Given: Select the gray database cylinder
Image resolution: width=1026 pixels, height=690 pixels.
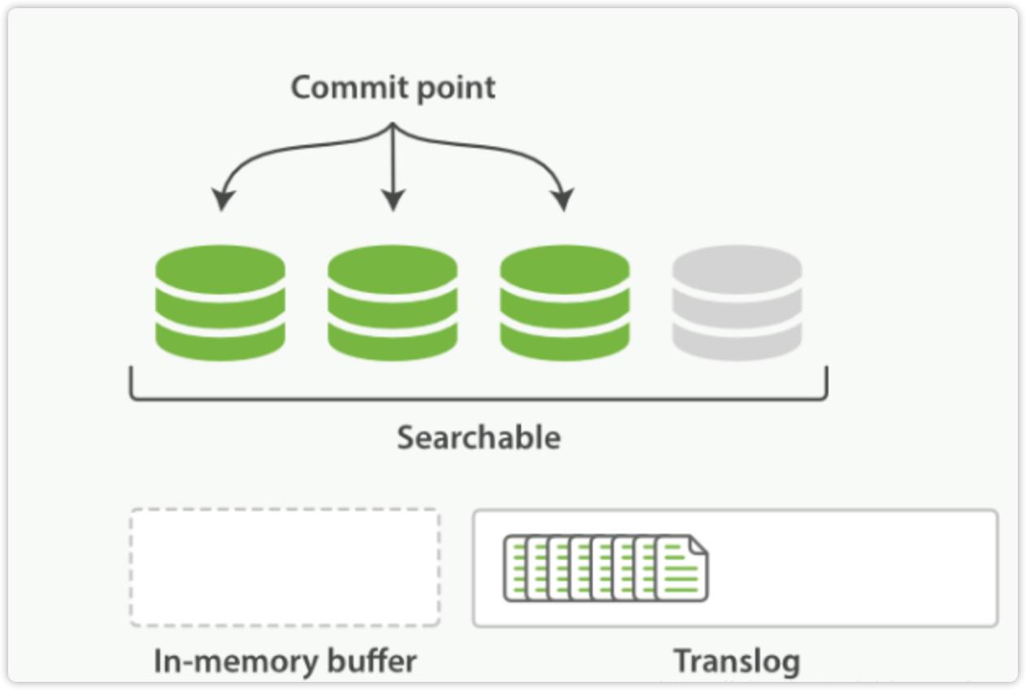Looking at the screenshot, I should point(737,303).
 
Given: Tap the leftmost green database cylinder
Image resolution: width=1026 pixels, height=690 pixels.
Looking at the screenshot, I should point(220,303).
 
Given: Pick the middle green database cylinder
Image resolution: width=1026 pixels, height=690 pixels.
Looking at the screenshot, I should point(392,303).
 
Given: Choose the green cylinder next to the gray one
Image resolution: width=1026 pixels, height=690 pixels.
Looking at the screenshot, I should point(564,303).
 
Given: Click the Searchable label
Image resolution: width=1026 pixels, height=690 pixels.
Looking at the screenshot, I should point(479,438).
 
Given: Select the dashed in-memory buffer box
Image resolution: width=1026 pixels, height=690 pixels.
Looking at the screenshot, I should point(285,567).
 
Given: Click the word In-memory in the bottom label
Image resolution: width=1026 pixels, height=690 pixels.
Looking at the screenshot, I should point(233,661).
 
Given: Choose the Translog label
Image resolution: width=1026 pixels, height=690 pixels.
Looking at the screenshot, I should point(737,661).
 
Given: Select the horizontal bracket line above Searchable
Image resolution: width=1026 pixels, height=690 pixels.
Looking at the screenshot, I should point(479,399).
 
